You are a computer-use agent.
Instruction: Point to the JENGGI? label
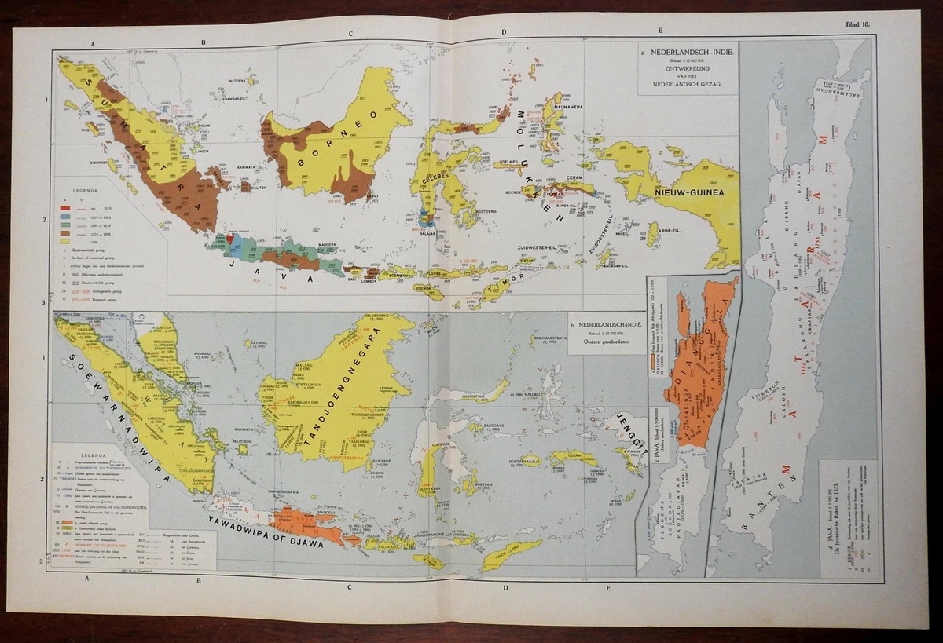629,429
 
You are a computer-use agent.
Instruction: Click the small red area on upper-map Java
229,238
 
